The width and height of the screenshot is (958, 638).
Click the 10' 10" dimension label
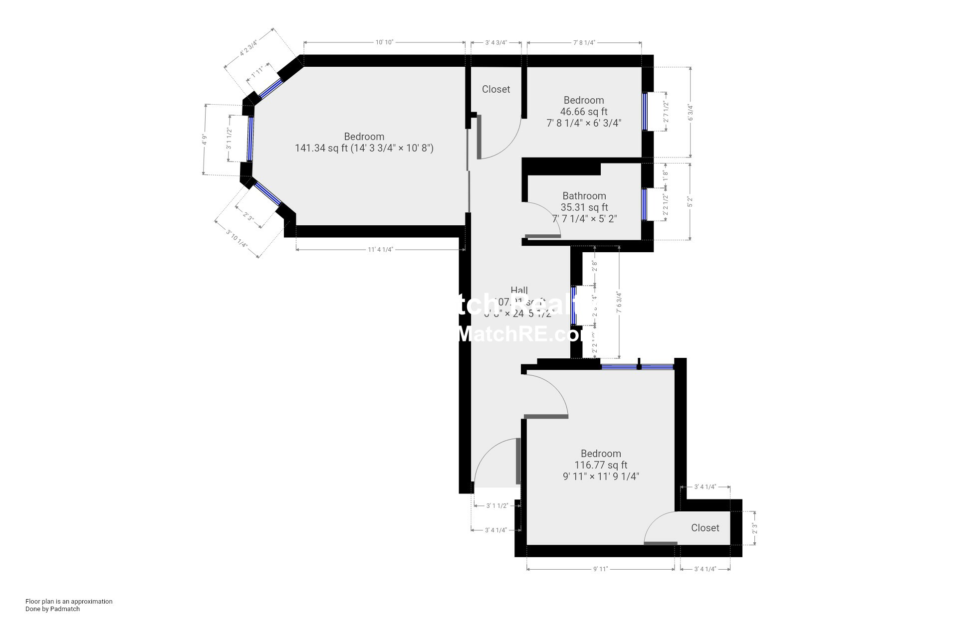tap(384, 42)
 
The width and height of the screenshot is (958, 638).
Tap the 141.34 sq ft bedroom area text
tap(364, 148)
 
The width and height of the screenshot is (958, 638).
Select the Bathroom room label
tap(584, 196)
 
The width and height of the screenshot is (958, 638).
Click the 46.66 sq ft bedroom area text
tap(583, 112)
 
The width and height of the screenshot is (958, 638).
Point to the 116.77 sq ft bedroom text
tap(600, 465)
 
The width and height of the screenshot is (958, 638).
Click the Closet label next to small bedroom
tap(495, 89)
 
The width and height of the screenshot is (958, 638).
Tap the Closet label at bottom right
tap(705, 528)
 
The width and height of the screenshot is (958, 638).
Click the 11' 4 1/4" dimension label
tap(380, 249)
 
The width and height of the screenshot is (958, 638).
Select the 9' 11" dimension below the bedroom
tap(600, 569)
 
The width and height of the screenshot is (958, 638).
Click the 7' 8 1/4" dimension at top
tap(584, 42)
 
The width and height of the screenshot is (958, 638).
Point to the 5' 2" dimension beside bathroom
tap(691, 202)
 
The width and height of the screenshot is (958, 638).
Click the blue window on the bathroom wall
tap(644, 203)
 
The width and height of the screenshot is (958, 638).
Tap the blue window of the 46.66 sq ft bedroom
tap(644, 111)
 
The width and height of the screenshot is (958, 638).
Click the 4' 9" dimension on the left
tap(204, 140)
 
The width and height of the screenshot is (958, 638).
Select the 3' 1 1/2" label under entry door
tap(497, 505)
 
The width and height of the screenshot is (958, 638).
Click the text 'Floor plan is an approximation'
tap(69, 601)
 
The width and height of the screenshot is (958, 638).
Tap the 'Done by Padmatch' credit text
tap(52, 609)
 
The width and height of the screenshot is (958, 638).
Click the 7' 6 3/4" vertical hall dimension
tap(619, 303)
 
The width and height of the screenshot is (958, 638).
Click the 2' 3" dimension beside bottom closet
tap(754, 528)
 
